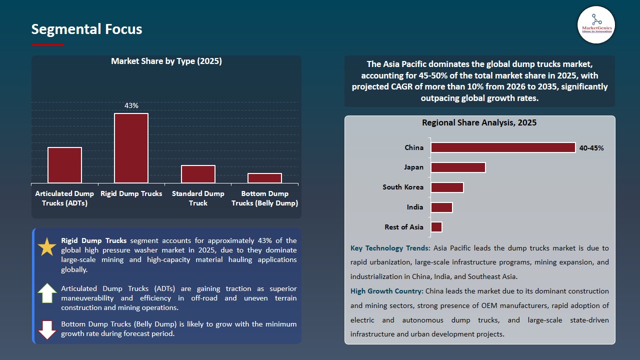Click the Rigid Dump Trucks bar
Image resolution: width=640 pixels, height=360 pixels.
pyautogui.click(x=131, y=148)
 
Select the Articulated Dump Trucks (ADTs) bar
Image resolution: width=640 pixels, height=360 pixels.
pyautogui.click(x=64, y=165)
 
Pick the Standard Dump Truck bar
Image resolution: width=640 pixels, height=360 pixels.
pyautogui.click(x=198, y=174)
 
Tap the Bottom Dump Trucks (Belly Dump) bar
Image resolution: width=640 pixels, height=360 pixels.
pyautogui.click(x=264, y=178)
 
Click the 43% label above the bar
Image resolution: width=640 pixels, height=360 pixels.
pyautogui.click(x=131, y=105)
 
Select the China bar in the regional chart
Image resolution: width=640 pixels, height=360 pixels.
pyautogui.click(x=503, y=147)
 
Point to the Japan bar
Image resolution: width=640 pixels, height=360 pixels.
pyautogui.click(x=458, y=167)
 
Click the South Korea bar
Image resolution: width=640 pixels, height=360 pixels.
pyautogui.click(x=447, y=187)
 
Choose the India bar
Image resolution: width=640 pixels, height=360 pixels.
pyautogui.click(x=441, y=207)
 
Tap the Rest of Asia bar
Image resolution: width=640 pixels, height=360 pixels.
pyautogui.click(x=436, y=227)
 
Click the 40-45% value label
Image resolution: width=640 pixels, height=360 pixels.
pyautogui.click(x=591, y=148)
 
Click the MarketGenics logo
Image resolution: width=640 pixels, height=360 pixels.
pyautogui.click(x=596, y=24)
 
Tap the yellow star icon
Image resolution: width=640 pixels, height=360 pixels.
pyautogui.click(x=47, y=247)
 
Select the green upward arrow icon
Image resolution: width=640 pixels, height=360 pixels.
pyautogui.click(x=47, y=293)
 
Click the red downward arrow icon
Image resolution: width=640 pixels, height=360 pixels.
pyautogui.click(x=47, y=329)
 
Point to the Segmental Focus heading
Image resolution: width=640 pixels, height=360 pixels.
pyautogui.click(x=86, y=29)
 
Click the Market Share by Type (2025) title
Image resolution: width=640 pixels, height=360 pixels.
pyautogui.click(x=166, y=61)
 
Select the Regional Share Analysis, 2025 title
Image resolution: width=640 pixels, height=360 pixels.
pyautogui.click(x=479, y=122)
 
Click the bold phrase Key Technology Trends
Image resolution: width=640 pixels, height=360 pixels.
pyautogui.click(x=390, y=248)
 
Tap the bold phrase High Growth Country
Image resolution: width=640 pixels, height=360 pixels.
pyautogui.click(x=387, y=291)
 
